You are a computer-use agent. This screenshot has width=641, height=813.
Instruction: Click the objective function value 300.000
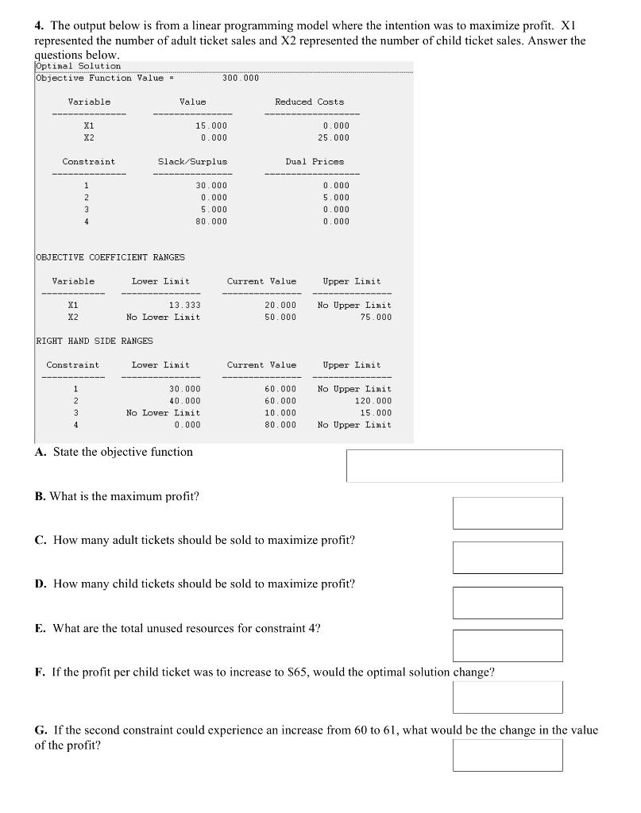pos(241,78)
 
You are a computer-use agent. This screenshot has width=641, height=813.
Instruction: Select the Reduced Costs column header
pos(309,102)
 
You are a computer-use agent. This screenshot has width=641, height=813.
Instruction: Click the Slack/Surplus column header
pos(192,161)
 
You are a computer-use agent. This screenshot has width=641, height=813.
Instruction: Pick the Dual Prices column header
pos(315,161)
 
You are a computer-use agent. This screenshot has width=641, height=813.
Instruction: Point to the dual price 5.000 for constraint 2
pos(336,197)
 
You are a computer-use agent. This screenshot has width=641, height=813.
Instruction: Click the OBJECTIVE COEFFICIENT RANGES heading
pos(110,257)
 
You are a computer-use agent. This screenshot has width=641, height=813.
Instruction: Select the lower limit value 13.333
pos(185,305)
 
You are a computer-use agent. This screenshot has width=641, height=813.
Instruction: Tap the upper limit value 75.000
pos(376,317)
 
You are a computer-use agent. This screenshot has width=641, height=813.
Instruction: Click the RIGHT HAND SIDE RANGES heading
pos(95,341)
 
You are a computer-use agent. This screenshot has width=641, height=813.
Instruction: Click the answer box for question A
pos(454,465)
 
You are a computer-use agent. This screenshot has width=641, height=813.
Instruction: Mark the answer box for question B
pos(507,513)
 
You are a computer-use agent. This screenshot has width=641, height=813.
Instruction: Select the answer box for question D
pos(507,603)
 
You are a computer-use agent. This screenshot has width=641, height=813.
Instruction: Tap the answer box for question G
pos(507,755)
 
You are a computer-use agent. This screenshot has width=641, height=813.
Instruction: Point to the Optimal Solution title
pos(79,66)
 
